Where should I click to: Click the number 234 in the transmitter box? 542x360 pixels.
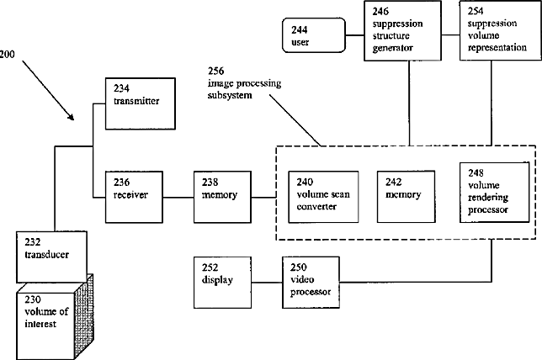click(x=121, y=89)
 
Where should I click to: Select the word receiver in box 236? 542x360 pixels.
click(x=130, y=195)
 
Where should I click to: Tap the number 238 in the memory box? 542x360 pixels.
click(x=210, y=182)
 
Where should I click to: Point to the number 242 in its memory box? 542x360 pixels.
click(x=393, y=182)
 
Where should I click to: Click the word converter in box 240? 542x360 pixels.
click(x=316, y=207)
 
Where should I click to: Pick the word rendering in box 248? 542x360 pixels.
click(x=488, y=198)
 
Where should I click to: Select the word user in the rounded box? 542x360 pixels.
click(x=300, y=42)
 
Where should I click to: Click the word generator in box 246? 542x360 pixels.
click(x=393, y=48)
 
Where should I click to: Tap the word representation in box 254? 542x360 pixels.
click(x=497, y=48)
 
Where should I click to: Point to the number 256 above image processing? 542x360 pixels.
click(x=215, y=71)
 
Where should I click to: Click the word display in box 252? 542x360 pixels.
click(x=217, y=280)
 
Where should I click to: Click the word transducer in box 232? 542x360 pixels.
click(x=46, y=255)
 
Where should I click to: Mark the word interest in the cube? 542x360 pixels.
click(x=40, y=324)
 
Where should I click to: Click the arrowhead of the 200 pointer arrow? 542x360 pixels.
click(x=72, y=118)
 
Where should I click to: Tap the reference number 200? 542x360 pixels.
click(x=8, y=54)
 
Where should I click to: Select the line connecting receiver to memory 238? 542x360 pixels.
click(x=178, y=198)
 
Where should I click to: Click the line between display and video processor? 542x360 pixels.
click(x=267, y=283)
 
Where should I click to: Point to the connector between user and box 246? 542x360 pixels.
click(x=354, y=34)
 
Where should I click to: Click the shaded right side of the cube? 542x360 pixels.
click(x=84, y=316)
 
